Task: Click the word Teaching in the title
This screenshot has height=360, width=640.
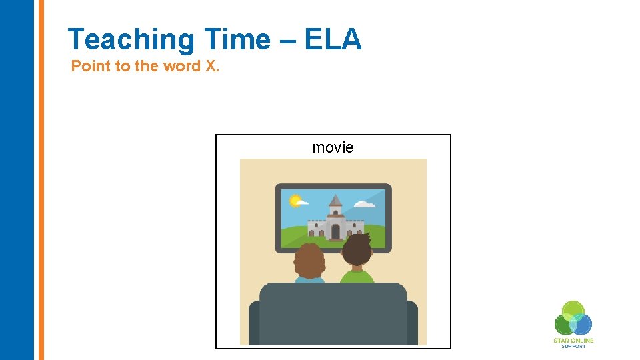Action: click(x=131, y=40)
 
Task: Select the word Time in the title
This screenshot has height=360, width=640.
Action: click(x=237, y=40)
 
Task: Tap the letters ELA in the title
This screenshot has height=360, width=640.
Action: click(x=333, y=40)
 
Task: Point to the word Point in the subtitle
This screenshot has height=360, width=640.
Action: click(x=90, y=66)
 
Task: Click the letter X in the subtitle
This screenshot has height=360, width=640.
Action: click(x=211, y=66)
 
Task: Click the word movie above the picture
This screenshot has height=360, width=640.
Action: click(x=333, y=147)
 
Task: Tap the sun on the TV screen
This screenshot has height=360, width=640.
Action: click(x=293, y=199)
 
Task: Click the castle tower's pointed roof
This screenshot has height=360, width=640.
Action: click(x=335, y=201)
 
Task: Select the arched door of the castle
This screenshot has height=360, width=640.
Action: click(x=335, y=231)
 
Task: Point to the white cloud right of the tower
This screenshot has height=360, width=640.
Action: click(x=365, y=203)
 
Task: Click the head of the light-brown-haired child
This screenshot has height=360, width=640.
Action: click(x=309, y=261)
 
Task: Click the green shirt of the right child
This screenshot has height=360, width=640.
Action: click(x=358, y=276)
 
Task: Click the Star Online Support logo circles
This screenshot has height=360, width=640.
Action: click(x=573, y=319)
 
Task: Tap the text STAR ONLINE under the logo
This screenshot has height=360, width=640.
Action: click(x=573, y=341)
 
